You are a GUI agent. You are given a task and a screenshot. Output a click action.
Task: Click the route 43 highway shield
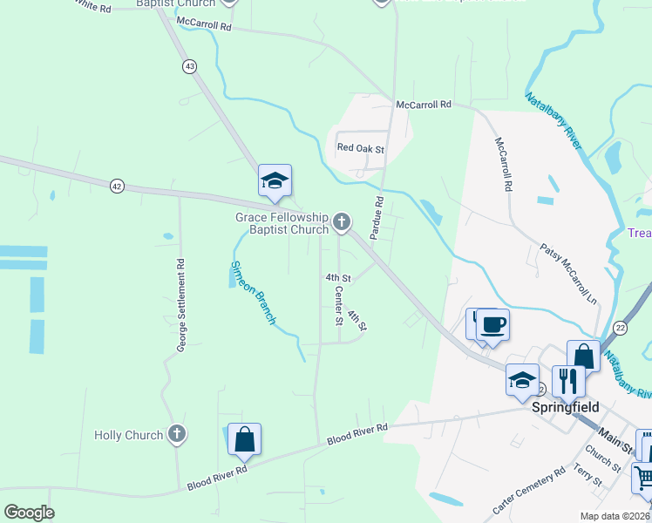tap(190, 66)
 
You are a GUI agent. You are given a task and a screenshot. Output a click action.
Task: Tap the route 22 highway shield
tap(620, 327)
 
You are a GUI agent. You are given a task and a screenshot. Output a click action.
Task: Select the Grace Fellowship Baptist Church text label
tap(282, 223)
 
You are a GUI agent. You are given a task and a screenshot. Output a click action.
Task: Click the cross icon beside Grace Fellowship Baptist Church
tap(342, 223)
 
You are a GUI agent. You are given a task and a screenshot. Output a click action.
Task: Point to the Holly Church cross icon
tap(177, 434)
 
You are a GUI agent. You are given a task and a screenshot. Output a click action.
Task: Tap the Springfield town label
tap(566, 407)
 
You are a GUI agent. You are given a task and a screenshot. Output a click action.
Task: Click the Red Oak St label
tap(361, 149)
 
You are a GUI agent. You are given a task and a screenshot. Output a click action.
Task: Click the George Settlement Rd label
tap(181, 305)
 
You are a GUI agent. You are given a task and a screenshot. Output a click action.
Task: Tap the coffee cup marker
tap(492, 325)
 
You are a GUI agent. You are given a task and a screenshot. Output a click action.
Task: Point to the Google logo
tap(29, 513)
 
